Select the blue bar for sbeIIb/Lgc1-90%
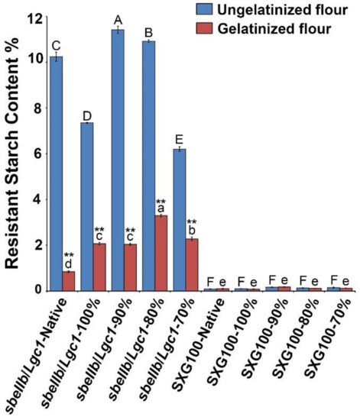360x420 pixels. click(118, 160)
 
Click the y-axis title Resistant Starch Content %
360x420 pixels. click(13, 153)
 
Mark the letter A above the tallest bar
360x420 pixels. click(118, 20)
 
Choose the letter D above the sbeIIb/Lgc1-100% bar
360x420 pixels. click(87, 115)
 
